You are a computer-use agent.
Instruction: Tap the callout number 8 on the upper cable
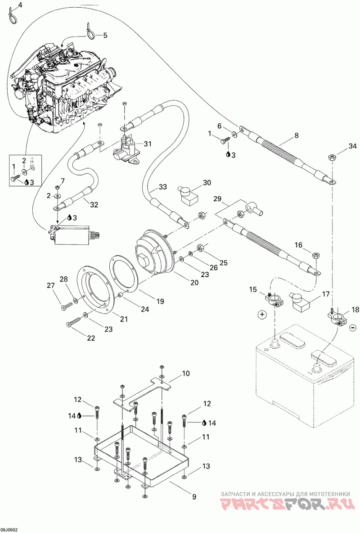click(297, 136)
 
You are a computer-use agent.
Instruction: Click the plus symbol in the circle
click(262, 315)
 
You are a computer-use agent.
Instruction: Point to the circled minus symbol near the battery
click(352, 327)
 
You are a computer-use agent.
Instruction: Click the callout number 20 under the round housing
click(194, 282)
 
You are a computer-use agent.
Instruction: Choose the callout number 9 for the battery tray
click(194, 497)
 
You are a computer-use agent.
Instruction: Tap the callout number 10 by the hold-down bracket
click(185, 374)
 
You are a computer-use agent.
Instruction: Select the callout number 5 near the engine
click(105, 35)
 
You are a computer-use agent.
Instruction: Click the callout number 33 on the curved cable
click(163, 187)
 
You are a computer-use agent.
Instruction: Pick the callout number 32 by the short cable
click(94, 205)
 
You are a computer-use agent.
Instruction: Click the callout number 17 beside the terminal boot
click(326, 294)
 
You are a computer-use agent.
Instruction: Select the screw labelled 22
click(77, 321)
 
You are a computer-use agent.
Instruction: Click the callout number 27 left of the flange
click(51, 286)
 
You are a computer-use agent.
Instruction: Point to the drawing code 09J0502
click(9, 530)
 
